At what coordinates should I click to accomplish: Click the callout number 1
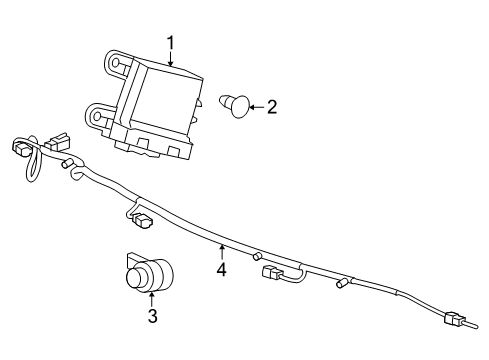pos(170,43)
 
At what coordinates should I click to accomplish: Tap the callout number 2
pos(270,106)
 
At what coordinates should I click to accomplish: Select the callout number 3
pos(152,318)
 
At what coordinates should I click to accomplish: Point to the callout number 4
pos(221,268)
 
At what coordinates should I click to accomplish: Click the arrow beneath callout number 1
pos(171,58)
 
